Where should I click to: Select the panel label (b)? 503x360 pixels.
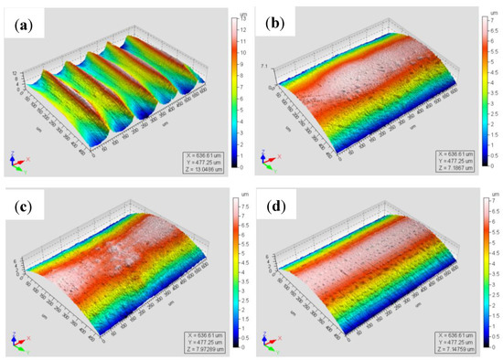pyautogui.click(x=276, y=26)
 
